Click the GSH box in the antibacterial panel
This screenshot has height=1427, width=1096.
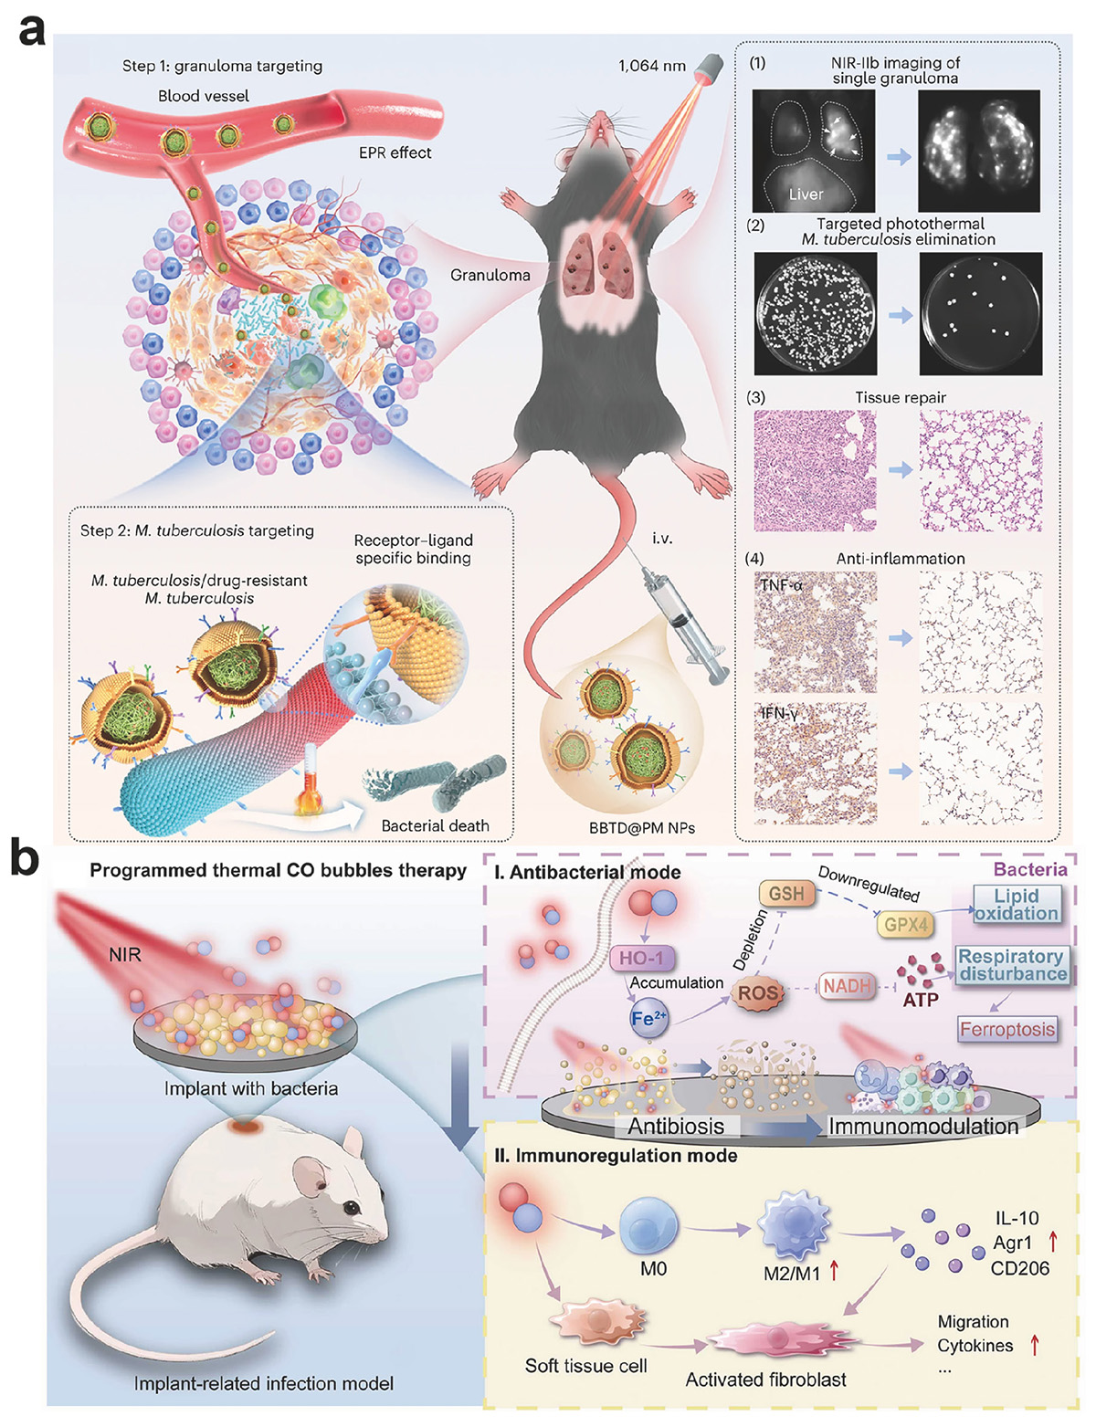tap(785, 894)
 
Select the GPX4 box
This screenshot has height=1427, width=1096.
tap(906, 925)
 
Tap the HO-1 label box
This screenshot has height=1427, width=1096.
tap(641, 958)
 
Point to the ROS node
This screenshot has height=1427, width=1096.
tap(758, 993)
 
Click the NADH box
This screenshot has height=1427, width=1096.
tap(848, 986)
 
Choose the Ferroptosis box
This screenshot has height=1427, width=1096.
tap(1007, 1029)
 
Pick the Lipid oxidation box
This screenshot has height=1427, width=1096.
tap(1017, 904)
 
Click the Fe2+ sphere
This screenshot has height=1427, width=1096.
tap(648, 1019)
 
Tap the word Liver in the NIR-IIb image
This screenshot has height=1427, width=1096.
tap(806, 194)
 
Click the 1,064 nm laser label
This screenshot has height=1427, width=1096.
tap(651, 66)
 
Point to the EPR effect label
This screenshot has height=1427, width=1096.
tap(395, 152)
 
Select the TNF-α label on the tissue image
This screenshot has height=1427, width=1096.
tap(780, 583)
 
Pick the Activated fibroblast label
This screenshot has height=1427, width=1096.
tap(765, 1380)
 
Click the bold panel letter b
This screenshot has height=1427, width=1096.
tap(25, 857)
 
